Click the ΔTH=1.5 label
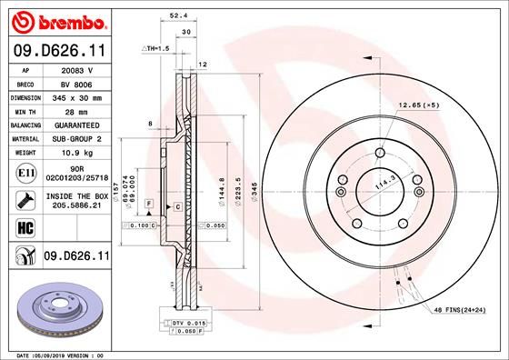tap(156, 47)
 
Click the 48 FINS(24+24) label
tap(459, 312)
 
